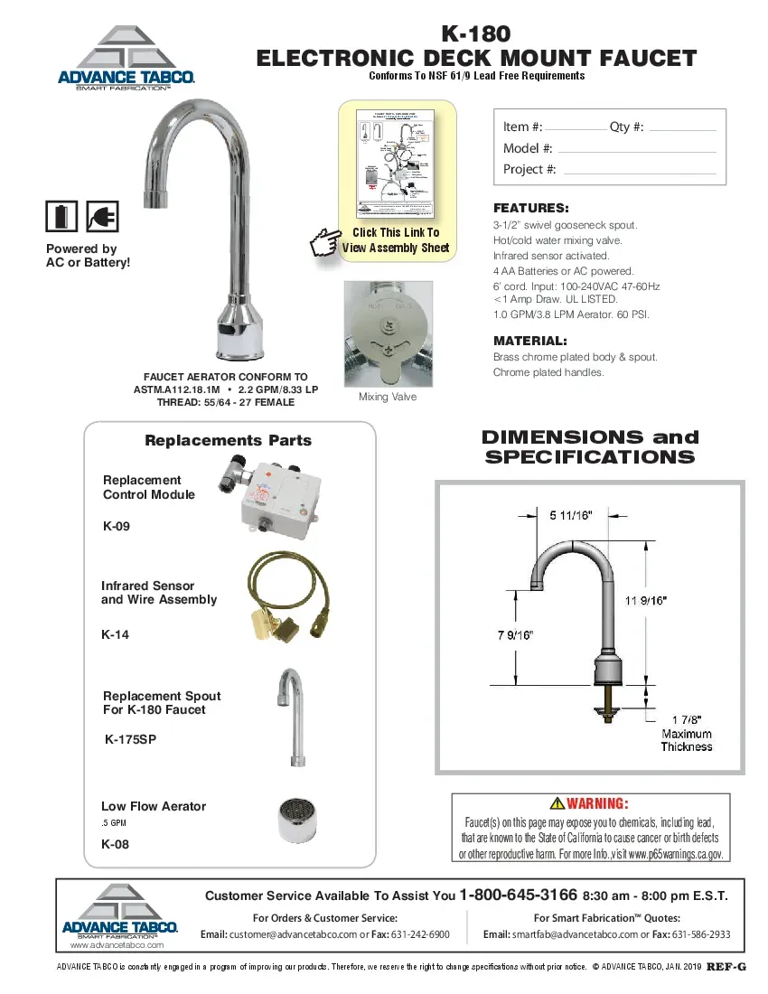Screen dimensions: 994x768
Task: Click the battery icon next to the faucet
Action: pyautogui.click(x=61, y=217)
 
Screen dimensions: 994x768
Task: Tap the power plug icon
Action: pyautogui.click(x=102, y=217)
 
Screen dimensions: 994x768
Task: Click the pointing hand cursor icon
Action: pyautogui.click(x=323, y=242)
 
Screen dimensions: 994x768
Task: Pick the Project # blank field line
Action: pyautogui.click(x=639, y=172)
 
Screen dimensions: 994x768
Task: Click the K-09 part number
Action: pyautogui.click(x=117, y=526)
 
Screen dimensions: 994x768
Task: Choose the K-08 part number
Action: pyautogui.click(x=115, y=844)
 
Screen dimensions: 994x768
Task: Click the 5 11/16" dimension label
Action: pyautogui.click(x=571, y=515)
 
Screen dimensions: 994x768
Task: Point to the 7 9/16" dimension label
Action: pyautogui.click(x=515, y=634)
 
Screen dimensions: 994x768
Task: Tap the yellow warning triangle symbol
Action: pyautogui.click(x=557, y=803)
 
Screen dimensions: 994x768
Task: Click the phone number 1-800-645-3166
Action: pyautogui.click(x=518, y=895)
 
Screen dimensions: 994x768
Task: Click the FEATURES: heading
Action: pyautogui.click(x=530, y=207)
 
